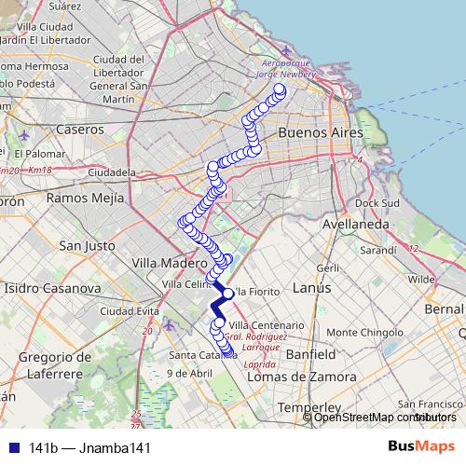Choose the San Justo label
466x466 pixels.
(x=86, y=246)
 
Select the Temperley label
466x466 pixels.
(x=311, y=408)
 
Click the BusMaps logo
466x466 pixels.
(x=421, y=447)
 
